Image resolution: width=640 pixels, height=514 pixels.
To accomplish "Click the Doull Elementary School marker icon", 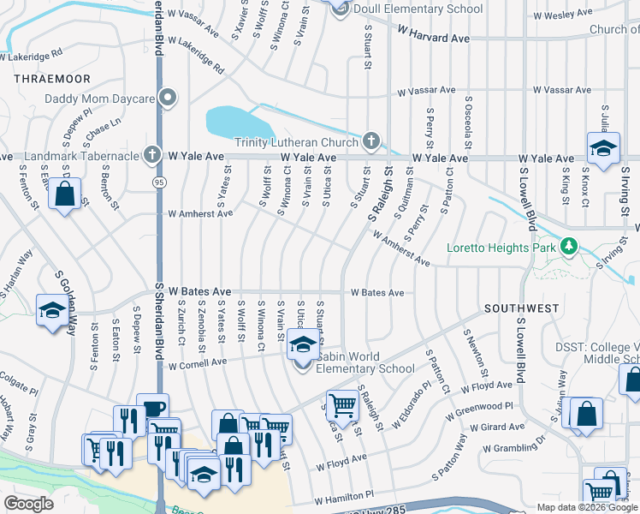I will coord(341,8).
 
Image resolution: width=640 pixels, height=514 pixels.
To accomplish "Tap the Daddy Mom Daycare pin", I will coord(168,98).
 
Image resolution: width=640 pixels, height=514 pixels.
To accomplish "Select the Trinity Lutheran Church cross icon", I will coord(370,140).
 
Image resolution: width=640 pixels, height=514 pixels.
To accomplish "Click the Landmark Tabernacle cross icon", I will coord(151,155).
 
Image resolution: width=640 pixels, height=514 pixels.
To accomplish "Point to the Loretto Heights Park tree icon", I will coord(568,248).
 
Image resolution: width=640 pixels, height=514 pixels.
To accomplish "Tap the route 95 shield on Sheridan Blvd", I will coord(159,182).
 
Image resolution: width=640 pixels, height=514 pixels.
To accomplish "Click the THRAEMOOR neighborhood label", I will coord(41,77).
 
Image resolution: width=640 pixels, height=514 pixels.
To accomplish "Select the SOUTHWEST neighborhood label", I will coord(521,308).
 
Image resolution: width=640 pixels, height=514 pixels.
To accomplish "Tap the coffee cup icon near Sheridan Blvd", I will coord(152,409).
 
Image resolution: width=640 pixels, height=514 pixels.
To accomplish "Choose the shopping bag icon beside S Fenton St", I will coord(65,194).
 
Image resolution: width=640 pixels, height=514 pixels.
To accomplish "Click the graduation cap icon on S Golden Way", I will coord(52,310).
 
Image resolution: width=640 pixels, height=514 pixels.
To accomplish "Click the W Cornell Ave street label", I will coord(198,362).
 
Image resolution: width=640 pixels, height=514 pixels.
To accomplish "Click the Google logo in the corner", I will coord(28,503).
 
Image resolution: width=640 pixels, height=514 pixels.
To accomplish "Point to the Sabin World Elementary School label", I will coord(366,362).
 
